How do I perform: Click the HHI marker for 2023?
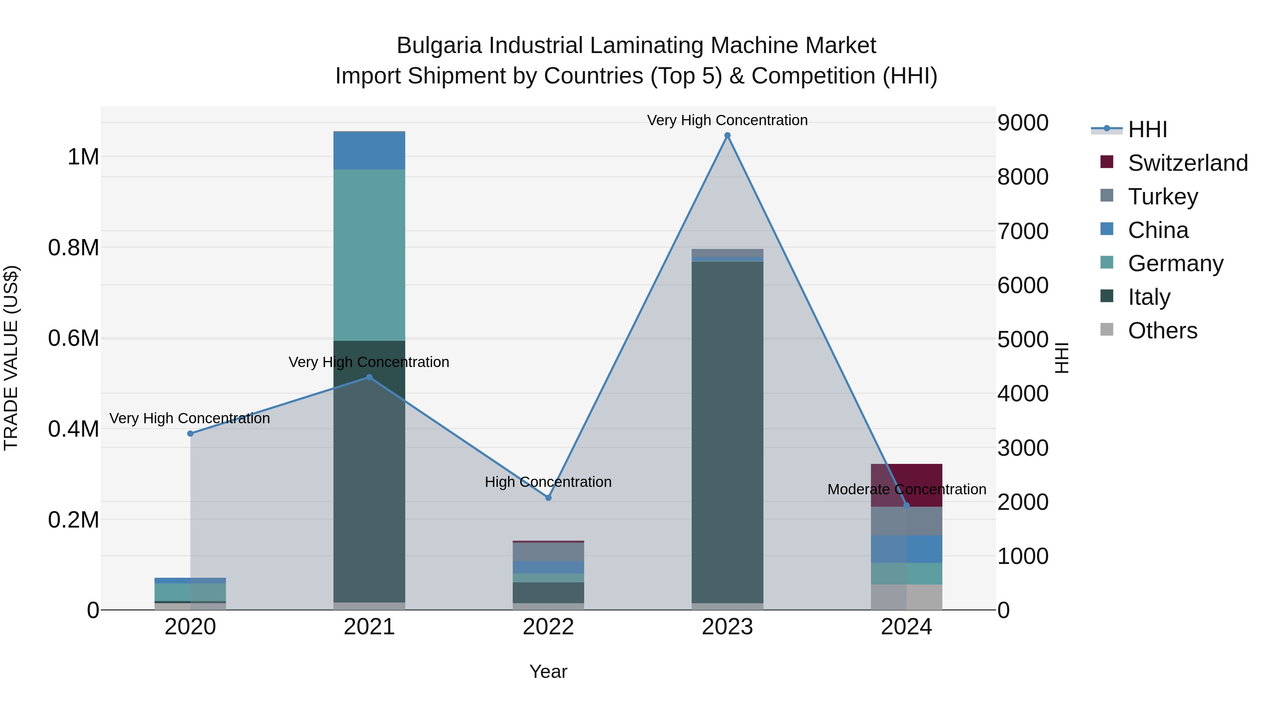[727, 135]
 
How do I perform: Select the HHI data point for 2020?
[190, 433]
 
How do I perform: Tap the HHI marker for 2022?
[548, 497]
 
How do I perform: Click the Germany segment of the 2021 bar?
[369, 255]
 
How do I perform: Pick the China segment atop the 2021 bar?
[369, 151]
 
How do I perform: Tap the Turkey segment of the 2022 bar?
[548, 552]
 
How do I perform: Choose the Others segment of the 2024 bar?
[906, 597]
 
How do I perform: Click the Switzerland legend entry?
[1187, 163]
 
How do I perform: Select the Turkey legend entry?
[1163, 197]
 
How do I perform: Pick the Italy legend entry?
[1149, 297]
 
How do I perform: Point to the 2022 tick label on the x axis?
[548, 627]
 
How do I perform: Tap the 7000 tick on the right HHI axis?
[1022, 231]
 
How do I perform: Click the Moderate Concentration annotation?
[906, 489]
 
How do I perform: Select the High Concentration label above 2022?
[548, 482]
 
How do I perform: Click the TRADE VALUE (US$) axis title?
[11, 358]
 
